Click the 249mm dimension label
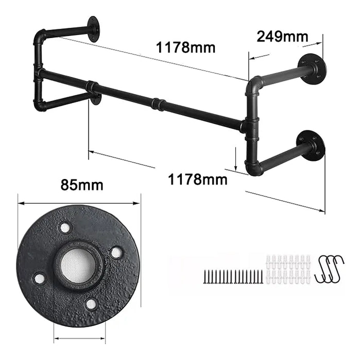[282, 37]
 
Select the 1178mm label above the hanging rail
[186, 48]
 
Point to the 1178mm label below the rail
[198, 179]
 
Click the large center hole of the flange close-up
[78, 265]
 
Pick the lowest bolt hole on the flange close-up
[91, 303]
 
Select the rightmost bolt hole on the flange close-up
[116, 253]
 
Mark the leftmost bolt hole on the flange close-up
[39, 278]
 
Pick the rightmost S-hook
[338, 266]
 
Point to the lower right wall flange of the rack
[312, 146]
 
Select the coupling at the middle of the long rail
[158, 103]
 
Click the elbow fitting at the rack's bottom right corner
[253, 168]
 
